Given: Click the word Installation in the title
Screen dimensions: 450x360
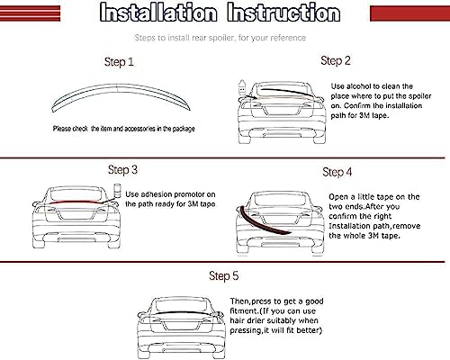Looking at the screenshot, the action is tap(158, 12).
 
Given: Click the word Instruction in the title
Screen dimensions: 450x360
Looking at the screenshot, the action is tap(283, 12).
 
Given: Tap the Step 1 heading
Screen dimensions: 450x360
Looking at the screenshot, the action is tap(119, 62).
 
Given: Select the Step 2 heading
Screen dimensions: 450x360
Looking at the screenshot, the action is tap(336, 61).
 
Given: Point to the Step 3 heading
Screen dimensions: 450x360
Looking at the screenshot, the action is tap(122, 170).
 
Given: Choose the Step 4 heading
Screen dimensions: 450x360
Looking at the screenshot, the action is tap(337, 172).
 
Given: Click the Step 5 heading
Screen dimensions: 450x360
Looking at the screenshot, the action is tap(224, 276).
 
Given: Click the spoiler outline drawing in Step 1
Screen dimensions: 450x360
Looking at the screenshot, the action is tap(120, 87).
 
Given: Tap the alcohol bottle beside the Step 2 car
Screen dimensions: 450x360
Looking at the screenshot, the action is tap(242, 87).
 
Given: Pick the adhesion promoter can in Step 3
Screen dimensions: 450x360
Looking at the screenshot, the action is tap(117, 190).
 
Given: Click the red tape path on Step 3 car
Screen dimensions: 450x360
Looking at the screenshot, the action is tap(75, 202).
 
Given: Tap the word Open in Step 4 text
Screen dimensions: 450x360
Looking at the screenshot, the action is tap(338, 197).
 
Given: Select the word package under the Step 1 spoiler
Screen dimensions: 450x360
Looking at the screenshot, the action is tap(184, 129).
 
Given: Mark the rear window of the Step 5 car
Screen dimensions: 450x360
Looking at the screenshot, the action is tap(181, 305).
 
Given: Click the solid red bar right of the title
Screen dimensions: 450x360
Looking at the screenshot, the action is tap(410, 13).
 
